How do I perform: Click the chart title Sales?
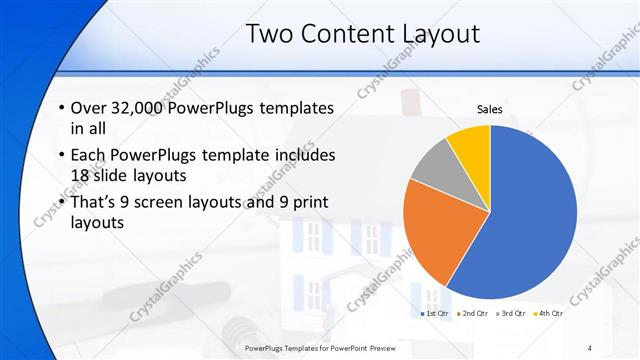[x=489, y=109]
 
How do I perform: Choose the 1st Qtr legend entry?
[x=435, y=314]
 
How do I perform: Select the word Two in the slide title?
[x=270, y=34]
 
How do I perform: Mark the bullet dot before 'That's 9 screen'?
[x=62, y=203]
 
